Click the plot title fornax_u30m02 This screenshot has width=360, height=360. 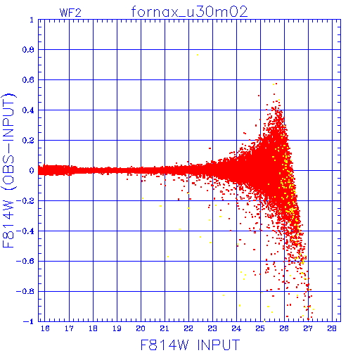(x=189, y=12)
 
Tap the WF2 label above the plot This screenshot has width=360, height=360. (x=70, y=13)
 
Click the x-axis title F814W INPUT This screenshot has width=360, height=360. (x=191, y=345)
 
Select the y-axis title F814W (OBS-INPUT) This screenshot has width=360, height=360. (x=8, y=170)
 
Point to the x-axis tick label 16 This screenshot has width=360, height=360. (x=45, y=328)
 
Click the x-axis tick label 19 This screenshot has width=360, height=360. (x=117, y=328)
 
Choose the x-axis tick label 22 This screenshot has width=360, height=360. (x=188, y=328)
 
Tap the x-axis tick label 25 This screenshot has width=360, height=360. (x=260, y=328)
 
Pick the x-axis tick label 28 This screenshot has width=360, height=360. (x=332, y=328)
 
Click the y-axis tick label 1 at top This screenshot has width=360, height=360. (x=32, y=20)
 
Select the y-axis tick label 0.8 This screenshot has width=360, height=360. (x=28, y=50)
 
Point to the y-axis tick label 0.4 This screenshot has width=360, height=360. (x=28, y=110)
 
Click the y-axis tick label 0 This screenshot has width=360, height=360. (x=32, y=170)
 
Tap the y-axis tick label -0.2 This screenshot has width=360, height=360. (x=25, y=201)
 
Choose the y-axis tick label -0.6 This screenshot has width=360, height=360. (x=25, y=261)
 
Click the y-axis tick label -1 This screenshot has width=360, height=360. (x=29, y=321)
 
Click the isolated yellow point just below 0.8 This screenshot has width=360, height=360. (x=198, y=55)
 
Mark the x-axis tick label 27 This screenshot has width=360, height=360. (x=308, y=328)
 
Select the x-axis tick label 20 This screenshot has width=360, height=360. (x=141, y=328)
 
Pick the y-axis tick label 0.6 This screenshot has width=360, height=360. (x=28, y=80)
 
